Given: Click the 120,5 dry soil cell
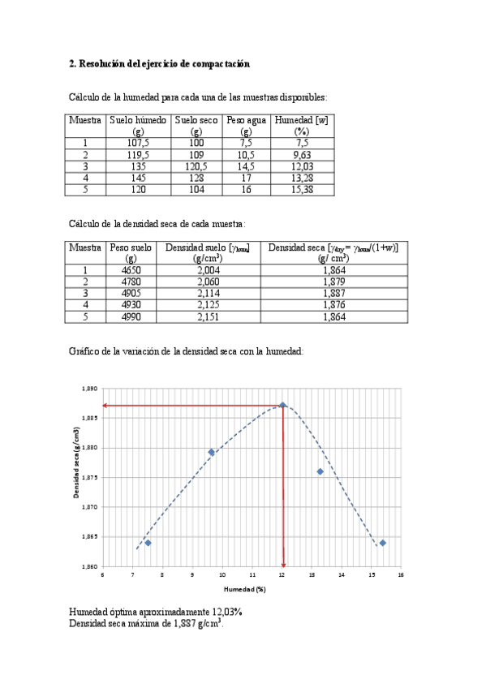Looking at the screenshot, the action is (x=196, y=166).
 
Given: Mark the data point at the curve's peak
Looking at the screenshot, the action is (x=282, y=405).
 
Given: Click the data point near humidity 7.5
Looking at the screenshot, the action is (x=148, y=543).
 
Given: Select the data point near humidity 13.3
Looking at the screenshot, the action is (x=320, y=471).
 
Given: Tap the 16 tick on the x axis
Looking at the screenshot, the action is (x=401, y=574).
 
